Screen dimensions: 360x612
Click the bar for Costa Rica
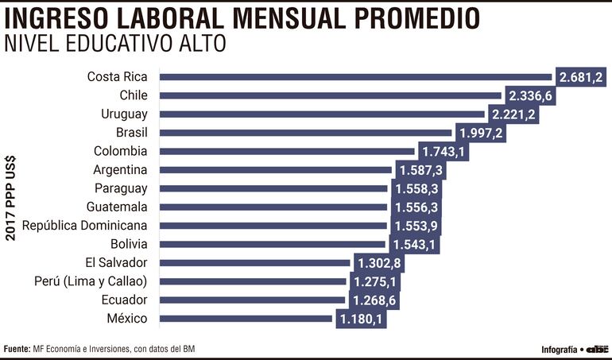(x=355, y=77)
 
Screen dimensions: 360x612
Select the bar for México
(x=246, y=319)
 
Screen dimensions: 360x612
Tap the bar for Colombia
(x=287, y=151)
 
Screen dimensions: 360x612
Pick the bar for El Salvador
(x=254, y=263)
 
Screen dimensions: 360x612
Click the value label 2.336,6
(x=531, y=95)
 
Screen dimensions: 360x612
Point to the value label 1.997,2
(x=481, y=133)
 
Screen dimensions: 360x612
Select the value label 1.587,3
(x=421, y=170)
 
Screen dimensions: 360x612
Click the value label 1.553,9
(x=416, y=226)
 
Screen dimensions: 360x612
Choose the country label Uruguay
(x=125, y=114)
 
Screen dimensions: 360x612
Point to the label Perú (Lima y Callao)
(x=91, y=281)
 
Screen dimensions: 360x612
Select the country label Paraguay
(x=121, y=188)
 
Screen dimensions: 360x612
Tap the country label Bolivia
(x=128, y=244)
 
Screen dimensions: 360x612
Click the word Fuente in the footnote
(x=17, y=349)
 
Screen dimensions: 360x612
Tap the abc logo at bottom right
(x=597, y=349)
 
